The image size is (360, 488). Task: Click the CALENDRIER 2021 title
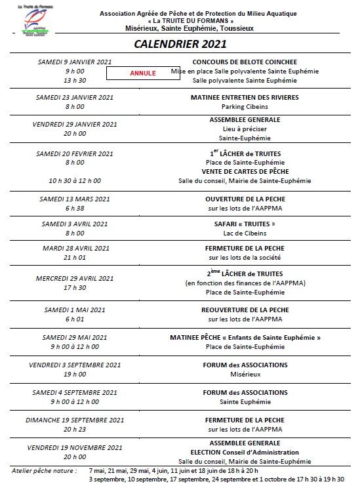pos(180,45)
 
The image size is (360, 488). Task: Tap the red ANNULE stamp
pos(143,73)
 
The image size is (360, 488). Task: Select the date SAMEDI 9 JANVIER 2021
pos(74,61)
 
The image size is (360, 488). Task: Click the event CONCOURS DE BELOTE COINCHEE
pos(245,61)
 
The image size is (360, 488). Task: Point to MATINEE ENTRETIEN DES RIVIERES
pos(245,97)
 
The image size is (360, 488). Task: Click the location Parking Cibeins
pos(245,106)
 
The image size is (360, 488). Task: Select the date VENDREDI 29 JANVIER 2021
pos(74,124)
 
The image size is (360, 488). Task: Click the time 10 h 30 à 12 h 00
pos(74,180)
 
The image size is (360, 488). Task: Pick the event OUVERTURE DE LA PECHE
pos(245,198)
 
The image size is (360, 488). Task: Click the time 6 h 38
pos(74,208)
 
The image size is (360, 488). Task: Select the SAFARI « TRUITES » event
pos(245,224)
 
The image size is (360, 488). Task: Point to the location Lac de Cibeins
pos(245,233)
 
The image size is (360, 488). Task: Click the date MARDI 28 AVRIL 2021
pos(74,249)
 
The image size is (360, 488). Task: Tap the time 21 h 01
pos(74,258)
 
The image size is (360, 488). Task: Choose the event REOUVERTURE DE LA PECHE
pos(245,310)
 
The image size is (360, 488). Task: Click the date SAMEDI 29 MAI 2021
pos(74,337)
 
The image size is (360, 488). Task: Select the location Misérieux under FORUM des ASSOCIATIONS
pos(245,374)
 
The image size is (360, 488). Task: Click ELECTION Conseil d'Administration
pos(245,452)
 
